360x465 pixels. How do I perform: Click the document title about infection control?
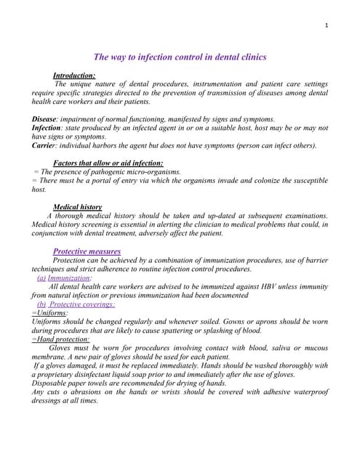point(180,56)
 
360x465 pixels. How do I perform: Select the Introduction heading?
point(74,76)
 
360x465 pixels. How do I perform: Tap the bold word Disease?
point(45,118)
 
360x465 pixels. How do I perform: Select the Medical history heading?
point(78,207)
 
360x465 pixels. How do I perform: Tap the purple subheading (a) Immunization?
point(65,278)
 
